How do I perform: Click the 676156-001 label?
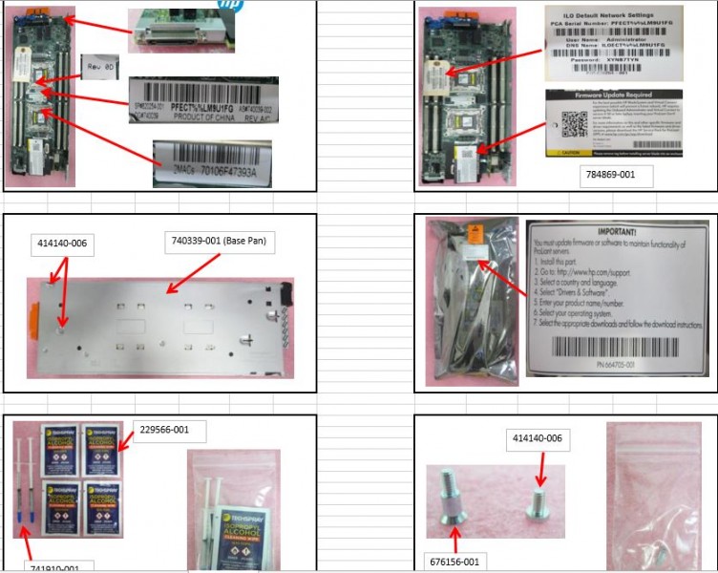coord(456,562)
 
